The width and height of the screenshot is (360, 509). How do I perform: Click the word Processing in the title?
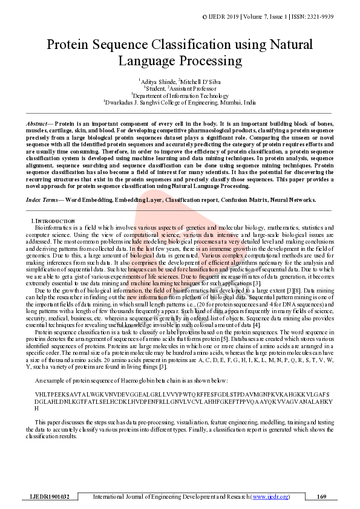[x=208, y=61]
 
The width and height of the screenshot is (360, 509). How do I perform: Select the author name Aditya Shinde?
[x=156, y=80]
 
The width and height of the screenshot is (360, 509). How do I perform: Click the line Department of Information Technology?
[x=180, y=95]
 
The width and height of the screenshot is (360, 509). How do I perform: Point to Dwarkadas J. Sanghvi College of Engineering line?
[x=180, y=103]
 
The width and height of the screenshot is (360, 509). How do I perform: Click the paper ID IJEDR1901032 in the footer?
[x=50, y=496]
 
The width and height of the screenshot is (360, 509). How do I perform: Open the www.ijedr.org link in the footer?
[x=270, y=496]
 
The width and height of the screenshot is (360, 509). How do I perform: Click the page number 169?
[x=321, y=496]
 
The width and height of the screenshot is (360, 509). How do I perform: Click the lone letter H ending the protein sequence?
[x=37, y=409]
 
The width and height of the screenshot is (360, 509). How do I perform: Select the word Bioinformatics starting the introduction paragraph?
[x=56, y=227]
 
